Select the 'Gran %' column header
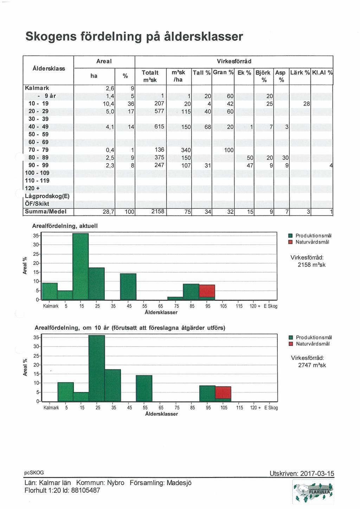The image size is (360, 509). [223, 72]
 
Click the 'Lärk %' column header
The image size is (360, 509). [300, 73]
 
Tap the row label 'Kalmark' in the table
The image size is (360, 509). [37, 88]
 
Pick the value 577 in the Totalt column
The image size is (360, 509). [159, 111]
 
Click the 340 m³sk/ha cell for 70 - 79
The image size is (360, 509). [186, 150]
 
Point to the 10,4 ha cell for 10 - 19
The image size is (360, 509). [108, 104]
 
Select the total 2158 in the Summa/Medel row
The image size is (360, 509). [158, 212]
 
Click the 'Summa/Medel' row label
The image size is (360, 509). [46, 212]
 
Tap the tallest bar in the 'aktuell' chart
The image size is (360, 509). [81, 266]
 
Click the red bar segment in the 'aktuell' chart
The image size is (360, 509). [207, 291]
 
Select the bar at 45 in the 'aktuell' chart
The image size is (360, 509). [128, 287]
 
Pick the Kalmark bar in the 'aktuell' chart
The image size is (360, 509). [50, 291]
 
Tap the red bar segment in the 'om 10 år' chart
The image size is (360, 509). [223, 392]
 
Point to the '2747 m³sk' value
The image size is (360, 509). [312, 365]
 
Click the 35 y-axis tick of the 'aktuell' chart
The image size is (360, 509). [36, 236]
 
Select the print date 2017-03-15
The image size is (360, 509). [317, 473]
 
